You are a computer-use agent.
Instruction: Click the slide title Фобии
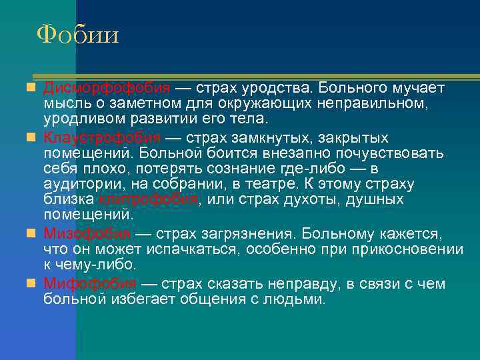coord(78,34)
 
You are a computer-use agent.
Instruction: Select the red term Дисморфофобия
coord(107,89)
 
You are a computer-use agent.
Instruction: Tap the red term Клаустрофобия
coord(103,138)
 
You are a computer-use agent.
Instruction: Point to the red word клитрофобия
coord(148,199)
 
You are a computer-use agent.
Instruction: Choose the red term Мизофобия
coord(87,234)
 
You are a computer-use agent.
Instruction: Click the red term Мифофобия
coord(91,283)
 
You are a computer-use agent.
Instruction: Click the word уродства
coord(281,89)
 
